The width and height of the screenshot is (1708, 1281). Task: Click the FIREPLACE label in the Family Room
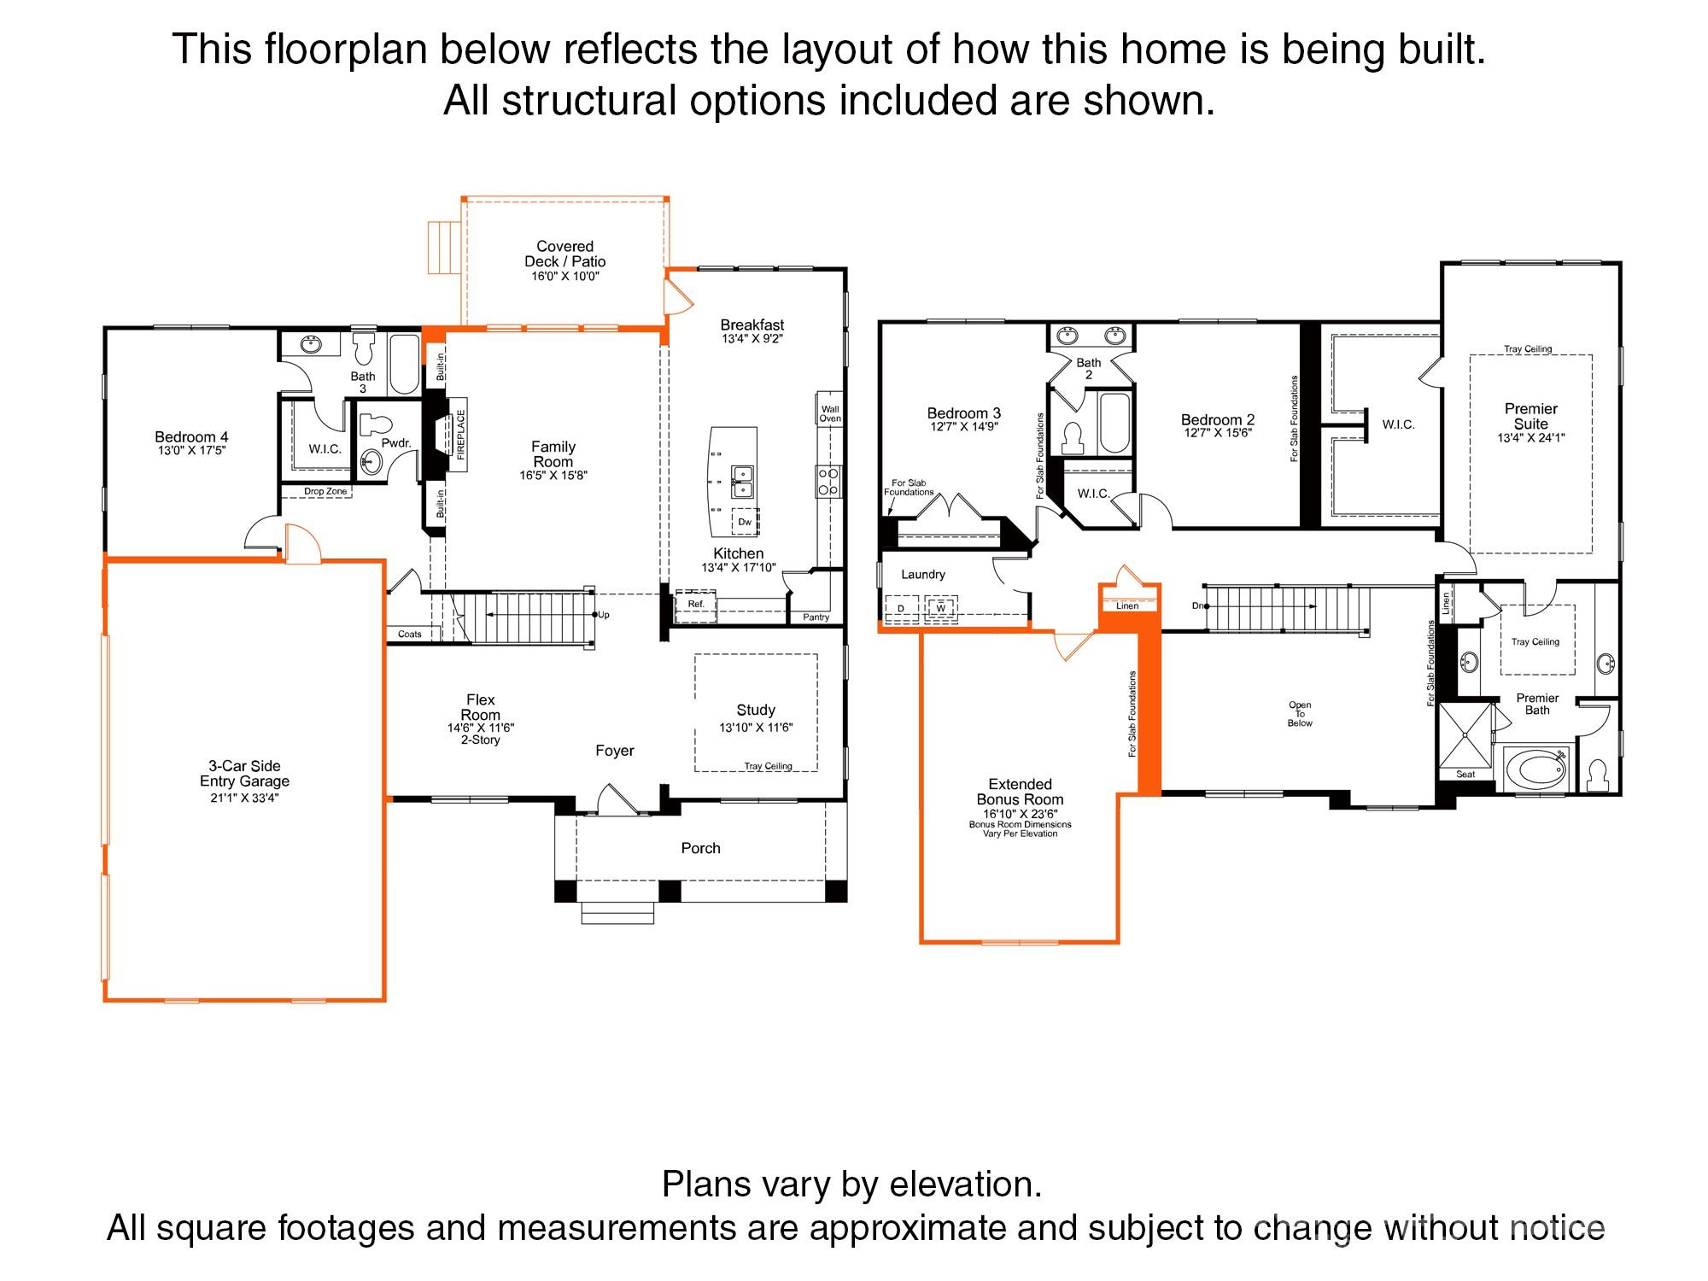click(461, 436)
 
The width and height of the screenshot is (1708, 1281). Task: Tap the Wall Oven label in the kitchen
click(830, 413)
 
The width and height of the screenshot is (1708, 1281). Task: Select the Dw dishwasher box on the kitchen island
click(745, 522)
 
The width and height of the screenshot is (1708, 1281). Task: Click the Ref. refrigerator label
click(696, 604)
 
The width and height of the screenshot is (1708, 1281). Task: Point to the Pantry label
click(816, 617)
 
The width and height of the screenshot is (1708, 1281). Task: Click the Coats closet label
click(410, 635)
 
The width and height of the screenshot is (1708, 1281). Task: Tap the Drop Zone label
click(325, 492)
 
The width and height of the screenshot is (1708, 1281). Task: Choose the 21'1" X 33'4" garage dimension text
click(245, 798)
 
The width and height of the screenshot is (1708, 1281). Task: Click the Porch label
click(700, 848)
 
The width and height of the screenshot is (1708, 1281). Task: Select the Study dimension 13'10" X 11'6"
click(756, 728)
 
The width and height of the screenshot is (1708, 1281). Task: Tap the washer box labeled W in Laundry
click(941, 607)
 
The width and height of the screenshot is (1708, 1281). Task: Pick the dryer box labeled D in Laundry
click(901, 607)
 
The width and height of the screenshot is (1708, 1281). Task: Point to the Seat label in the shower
click(1465, 775)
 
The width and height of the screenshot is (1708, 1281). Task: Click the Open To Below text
click(1300, 714)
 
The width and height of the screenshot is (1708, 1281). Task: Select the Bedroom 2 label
click(1218, 419)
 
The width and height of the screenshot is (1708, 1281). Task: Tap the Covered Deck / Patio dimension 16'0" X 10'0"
click(564, 277)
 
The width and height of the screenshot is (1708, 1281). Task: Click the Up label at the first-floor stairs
click(605, 615)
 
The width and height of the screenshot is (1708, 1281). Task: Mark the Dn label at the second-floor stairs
click(1198, 605)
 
